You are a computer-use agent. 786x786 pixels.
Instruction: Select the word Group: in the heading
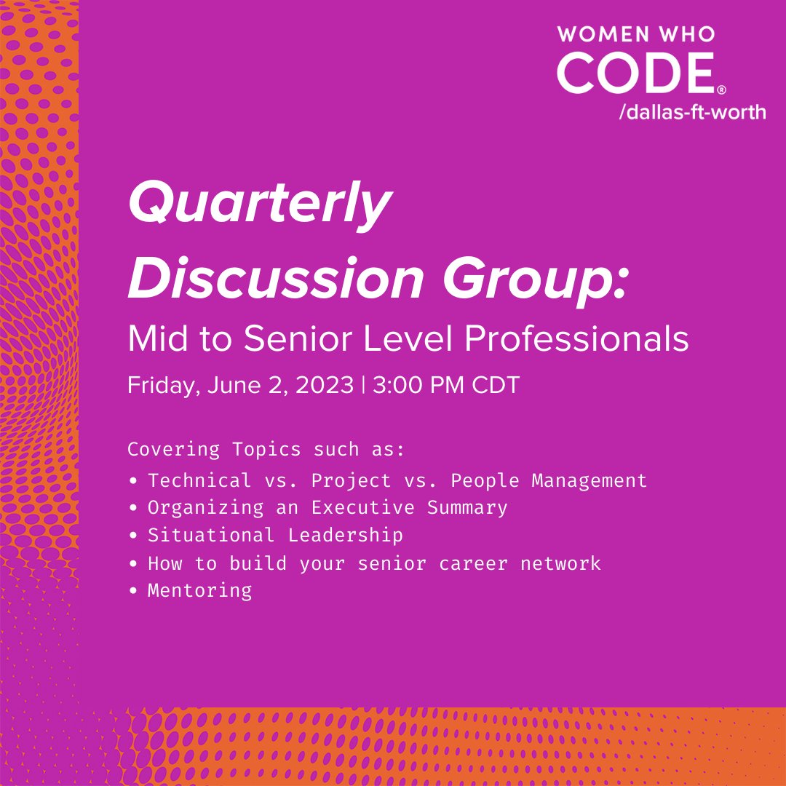coord(531,278)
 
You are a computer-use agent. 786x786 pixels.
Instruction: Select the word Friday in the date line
coord(163,385)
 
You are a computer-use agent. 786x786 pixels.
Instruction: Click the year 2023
coord(324,385)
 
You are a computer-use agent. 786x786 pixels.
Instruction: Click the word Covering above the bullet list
coord(174,449)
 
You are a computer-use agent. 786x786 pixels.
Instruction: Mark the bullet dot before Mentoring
coord(133,590)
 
